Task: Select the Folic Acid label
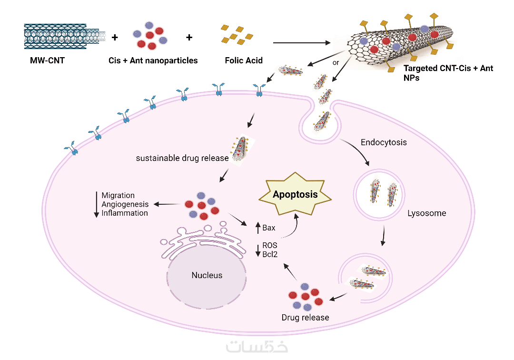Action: [x=243, y=60]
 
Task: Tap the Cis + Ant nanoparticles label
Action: [x=153, y=60]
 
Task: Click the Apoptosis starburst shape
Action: [x=295, y=194]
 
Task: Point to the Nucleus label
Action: [x=207, y=275]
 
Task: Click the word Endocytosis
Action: [x=384, y=142]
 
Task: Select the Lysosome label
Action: [x=427, y=213]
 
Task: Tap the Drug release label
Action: [x=305, y=317]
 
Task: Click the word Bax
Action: [x=269, y=228]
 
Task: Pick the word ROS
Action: [x=270, y=245]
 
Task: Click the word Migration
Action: [x=118, y=196]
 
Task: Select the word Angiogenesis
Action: [x=125, y=204]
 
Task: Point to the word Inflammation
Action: [x=125, y=213]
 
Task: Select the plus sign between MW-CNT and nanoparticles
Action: [x=114, y=37]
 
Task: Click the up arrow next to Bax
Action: [x=257, y=228]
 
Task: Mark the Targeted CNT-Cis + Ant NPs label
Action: [x=448, y=72]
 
